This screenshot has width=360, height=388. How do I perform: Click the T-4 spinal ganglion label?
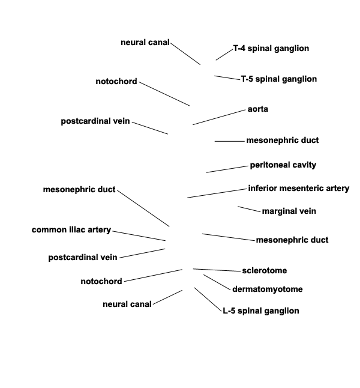(x=271, y=49)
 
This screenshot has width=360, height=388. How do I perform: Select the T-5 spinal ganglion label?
(x=279, y=79)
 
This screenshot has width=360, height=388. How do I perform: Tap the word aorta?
(x=258, y=109)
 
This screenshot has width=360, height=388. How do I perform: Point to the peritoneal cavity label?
(x=283, y=165)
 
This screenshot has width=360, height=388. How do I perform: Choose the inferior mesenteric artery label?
(x=299, y=189)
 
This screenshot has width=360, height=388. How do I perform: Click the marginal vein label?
(x=289, y=211)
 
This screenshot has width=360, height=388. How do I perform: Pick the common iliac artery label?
(x=71, y=230)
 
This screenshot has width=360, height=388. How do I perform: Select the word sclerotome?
(x=265, y=270)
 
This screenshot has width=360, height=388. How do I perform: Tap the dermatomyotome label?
(x=268, y=289)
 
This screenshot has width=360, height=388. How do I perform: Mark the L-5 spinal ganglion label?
(x=261, y=311)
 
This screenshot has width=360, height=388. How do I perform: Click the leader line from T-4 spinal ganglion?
(x=224, y=55)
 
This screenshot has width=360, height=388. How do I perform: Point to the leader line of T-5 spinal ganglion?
(x=227, y=77)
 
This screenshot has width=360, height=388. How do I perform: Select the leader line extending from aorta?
(x=219, y=117)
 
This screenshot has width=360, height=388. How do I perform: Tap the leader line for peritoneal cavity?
(x=227, y=169)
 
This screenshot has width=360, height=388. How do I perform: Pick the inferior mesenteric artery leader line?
(x=217, y=193)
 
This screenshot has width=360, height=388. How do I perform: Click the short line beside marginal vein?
(x=249, y=209)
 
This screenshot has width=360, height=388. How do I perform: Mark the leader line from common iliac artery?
(x=139, y=235)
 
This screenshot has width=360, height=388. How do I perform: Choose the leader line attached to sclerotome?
(x=217, y=270)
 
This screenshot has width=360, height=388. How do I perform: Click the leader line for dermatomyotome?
(x=217, y=282)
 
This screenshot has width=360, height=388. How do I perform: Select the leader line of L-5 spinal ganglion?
(x=208, y=300)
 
